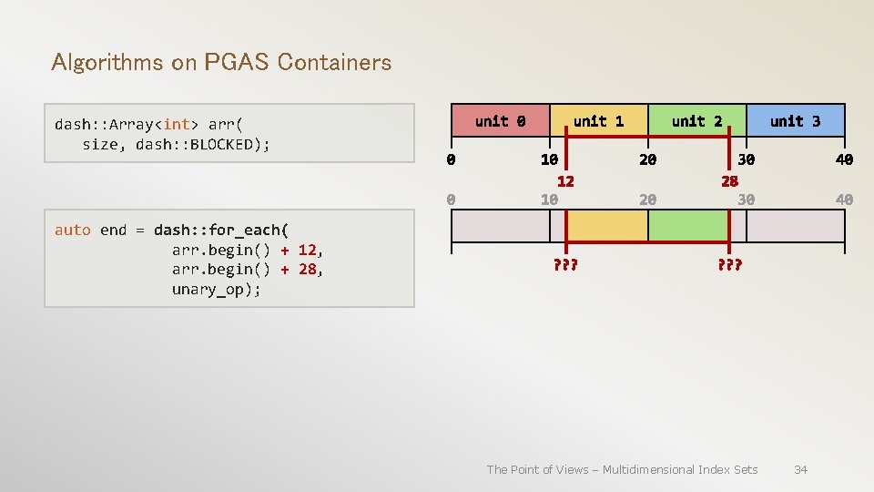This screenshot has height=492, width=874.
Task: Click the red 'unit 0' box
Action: pos(500,120)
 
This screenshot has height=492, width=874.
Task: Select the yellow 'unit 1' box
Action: pos(599,120)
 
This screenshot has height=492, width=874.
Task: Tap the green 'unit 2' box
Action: pos(697,120)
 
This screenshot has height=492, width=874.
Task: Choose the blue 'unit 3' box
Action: pos(796,120)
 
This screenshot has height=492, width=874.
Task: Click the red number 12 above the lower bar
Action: pos(565,180)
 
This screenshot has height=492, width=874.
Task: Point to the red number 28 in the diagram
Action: pos(729,180)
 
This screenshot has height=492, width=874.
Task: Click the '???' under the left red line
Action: pos(566,266)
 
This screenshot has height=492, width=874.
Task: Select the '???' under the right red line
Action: pos(729,266)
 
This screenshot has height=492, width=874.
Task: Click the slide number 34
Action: pos(801,469)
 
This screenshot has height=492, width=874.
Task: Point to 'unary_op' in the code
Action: pos(216,289)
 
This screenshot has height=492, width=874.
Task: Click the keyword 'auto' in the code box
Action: pos(73,230)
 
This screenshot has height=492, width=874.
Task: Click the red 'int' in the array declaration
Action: pos(177,124)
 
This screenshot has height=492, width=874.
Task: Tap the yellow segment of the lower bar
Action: pos(607,226)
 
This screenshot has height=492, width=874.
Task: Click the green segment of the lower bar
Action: pos(688,226)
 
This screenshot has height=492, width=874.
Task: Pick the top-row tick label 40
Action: pos(844,159)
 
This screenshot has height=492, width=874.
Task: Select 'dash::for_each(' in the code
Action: pos(221,230)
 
